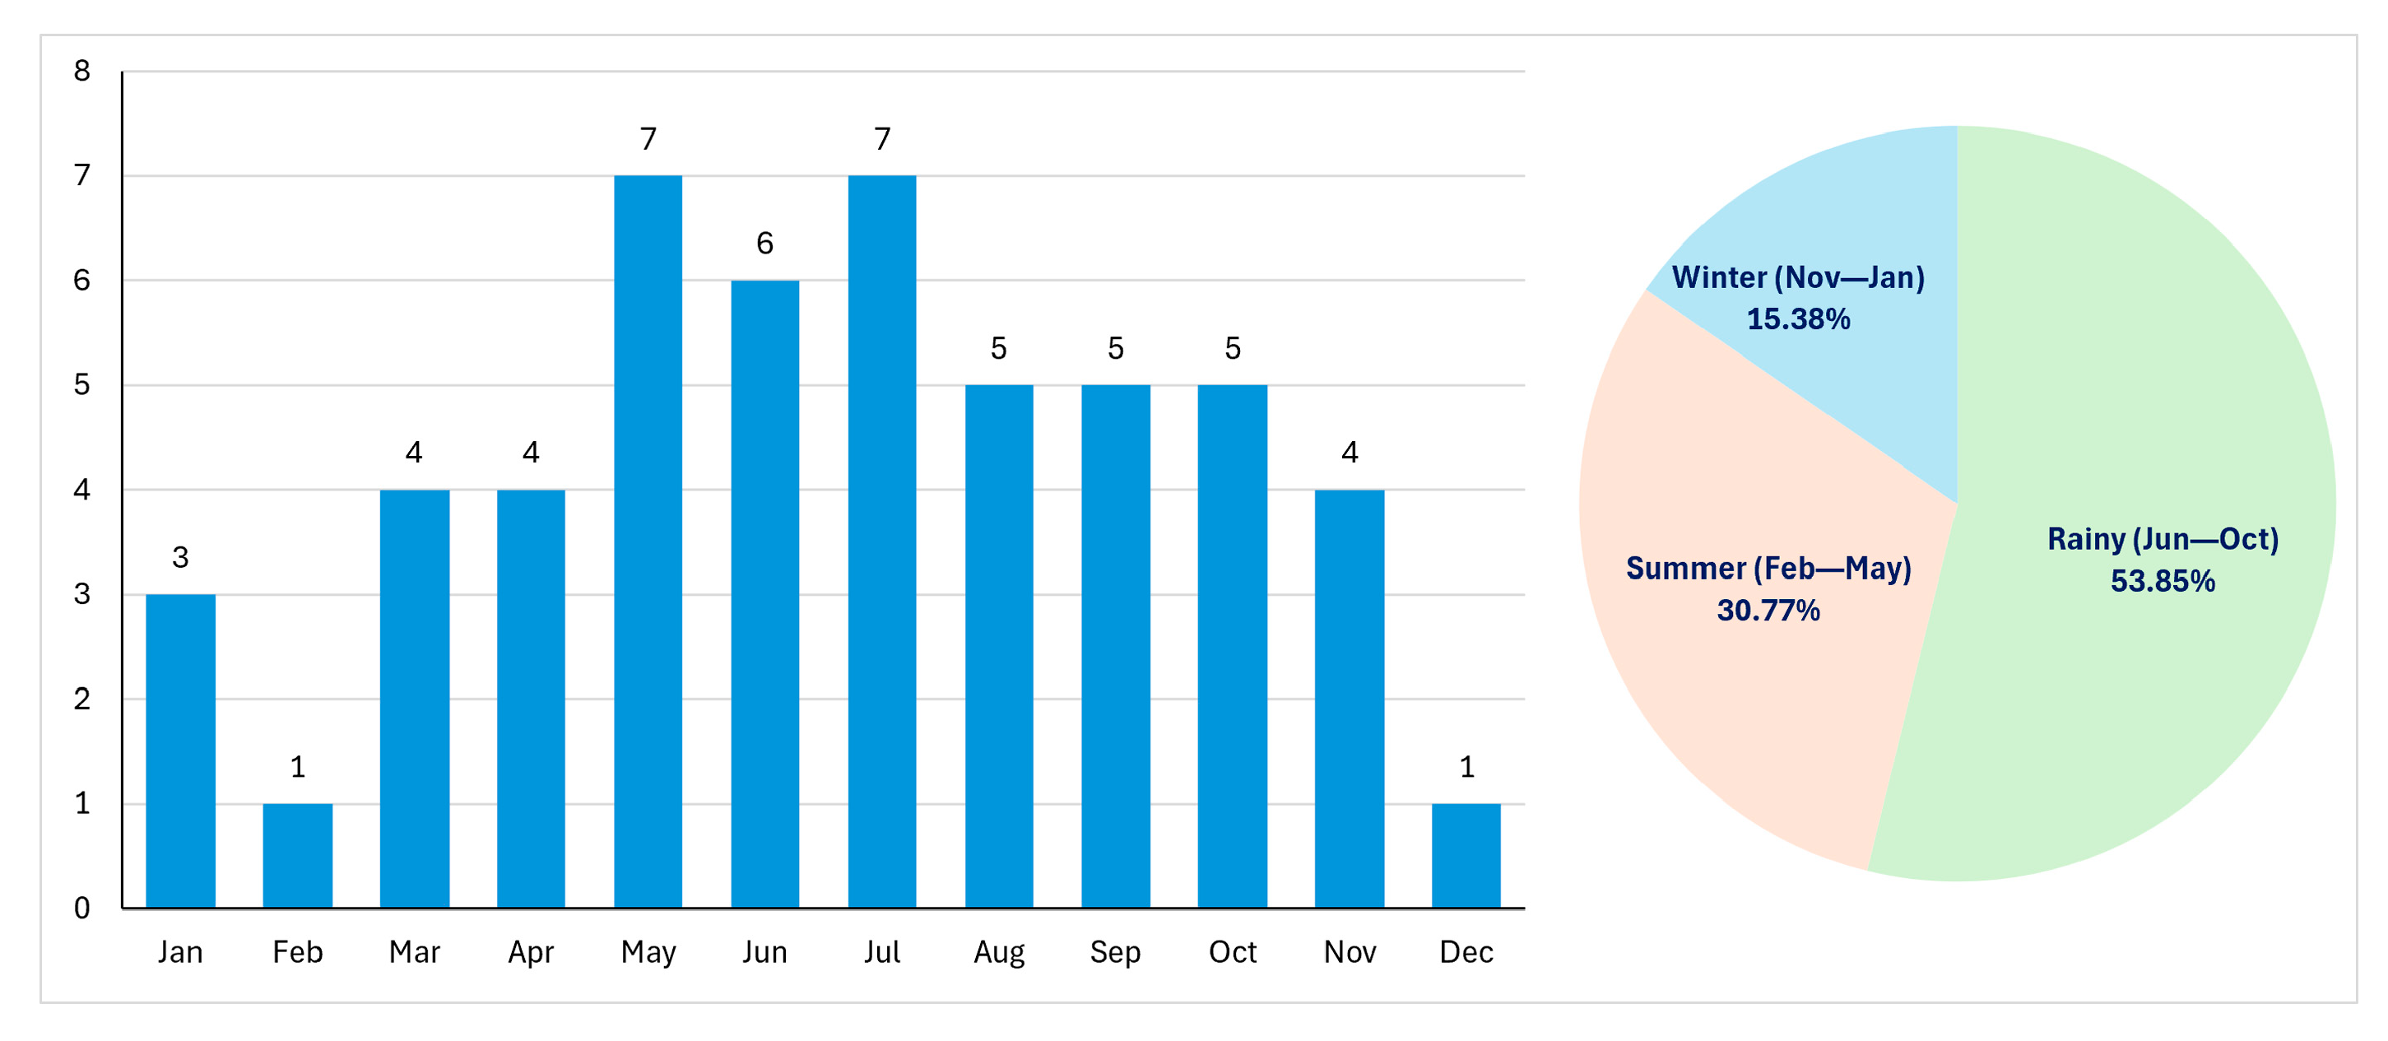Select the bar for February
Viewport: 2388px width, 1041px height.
(x=298, y=856)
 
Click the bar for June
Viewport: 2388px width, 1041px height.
(x=764, y=594)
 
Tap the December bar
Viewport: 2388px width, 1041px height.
(x=1466, y=856)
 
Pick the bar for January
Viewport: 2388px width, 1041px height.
(x=181, y=751)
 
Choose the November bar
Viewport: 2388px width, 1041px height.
(x=1350, y=699)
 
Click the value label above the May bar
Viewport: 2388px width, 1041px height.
(x=648, y=139)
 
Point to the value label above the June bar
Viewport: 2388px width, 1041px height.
(x=764, y=243)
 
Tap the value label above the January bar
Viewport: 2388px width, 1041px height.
(x=181, y=557)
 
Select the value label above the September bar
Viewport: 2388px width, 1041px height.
(x=1115, y=349)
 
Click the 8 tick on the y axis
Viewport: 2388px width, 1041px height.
(x=82, y=71)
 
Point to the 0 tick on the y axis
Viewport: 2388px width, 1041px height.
(x=82, y=909)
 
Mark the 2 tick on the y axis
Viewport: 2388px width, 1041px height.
(x=82, y=699)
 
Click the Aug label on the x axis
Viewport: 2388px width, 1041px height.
(x=999, y=953)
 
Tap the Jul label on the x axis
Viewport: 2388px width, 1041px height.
(x=881, y=952)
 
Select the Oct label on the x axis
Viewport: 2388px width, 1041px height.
(x=1232, y=952)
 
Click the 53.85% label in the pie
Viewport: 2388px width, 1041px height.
(x=2163, y=581)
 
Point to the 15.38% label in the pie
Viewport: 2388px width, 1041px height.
(x=1799, y=318)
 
